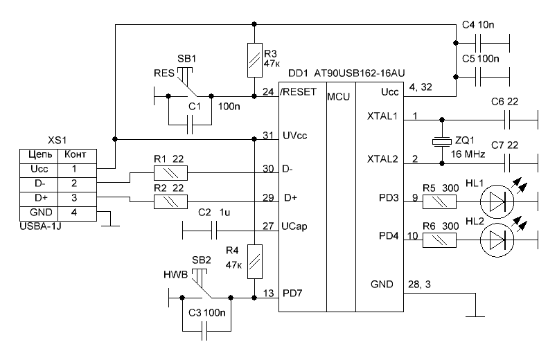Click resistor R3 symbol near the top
(255, 60)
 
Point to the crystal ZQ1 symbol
(441, 142)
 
